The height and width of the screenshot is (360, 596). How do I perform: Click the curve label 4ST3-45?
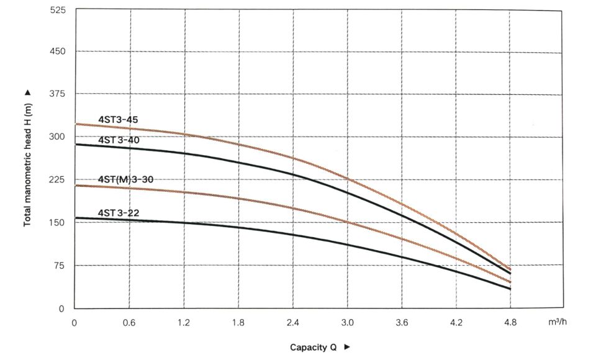[119, 119]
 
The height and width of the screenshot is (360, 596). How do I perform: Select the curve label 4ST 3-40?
[119, 140]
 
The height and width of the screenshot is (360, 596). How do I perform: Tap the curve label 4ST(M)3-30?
[125, 179]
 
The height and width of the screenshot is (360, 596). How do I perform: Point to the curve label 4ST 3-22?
[119, 213]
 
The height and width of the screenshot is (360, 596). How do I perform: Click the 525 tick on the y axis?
[58, 11]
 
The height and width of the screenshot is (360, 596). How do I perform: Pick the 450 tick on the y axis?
[58, 52]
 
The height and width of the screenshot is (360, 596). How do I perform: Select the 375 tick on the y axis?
[58, 94]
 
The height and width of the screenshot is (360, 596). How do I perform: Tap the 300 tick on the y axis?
[58, 137]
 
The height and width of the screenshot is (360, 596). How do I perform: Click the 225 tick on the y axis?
[58, 179]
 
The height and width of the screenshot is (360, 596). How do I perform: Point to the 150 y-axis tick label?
[58, 222]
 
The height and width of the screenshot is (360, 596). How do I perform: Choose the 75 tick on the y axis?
[60, 266]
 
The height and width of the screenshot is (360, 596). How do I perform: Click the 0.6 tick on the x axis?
[129, 322]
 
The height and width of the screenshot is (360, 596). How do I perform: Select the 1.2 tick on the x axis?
[184, 322]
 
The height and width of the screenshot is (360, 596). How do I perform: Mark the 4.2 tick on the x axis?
[456, 322]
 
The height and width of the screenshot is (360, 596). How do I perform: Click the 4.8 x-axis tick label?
[510, 322]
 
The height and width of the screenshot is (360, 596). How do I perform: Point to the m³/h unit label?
[558, 322]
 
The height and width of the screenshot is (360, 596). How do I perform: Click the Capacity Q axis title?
[314, 348]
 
